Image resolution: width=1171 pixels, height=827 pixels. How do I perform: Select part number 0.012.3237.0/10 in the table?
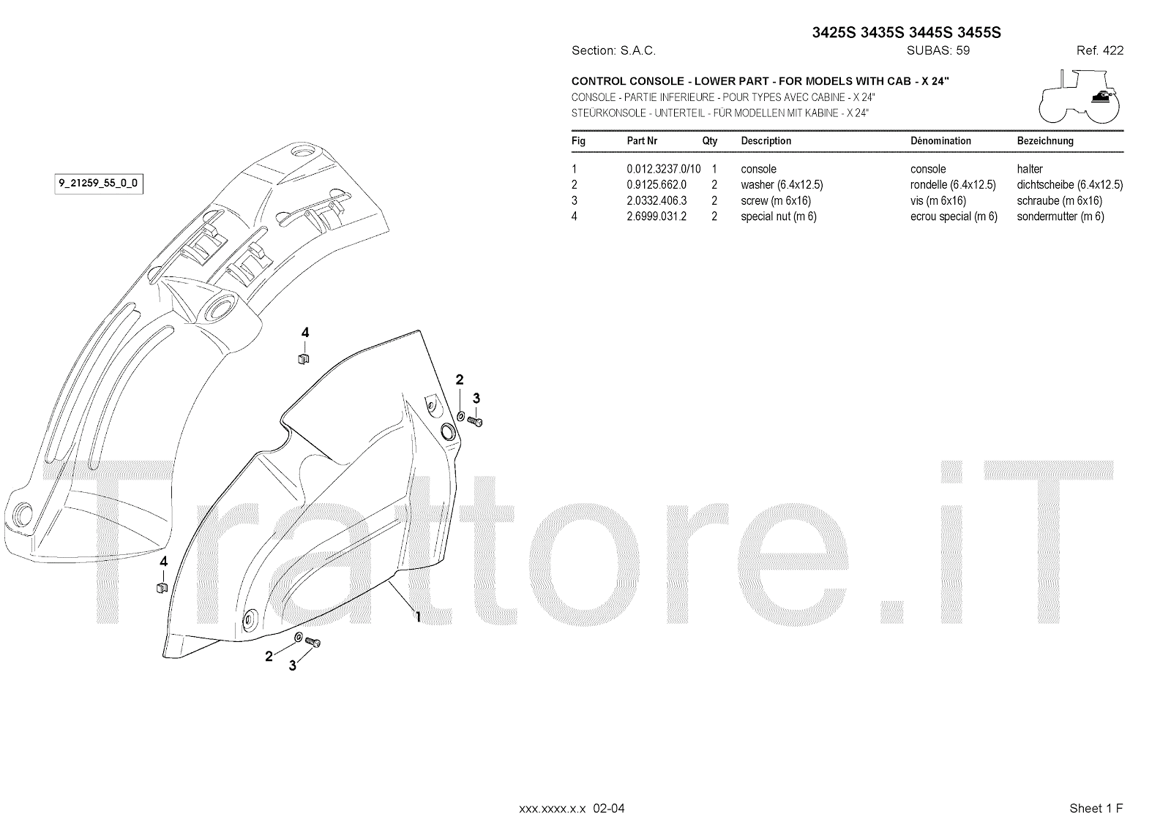pyautogui.click(x=663, y=169)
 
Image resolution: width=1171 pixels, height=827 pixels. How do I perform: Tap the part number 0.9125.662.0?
pyautogui.click(x=656, y=185)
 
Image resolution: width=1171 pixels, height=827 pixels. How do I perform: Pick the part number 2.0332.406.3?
pyautogui.click(x=656, y=200)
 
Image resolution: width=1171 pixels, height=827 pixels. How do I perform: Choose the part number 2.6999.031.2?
pyautogui.click(x=656, y=216)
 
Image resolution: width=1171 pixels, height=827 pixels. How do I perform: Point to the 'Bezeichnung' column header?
pyautogui.click(x=1045, y=140)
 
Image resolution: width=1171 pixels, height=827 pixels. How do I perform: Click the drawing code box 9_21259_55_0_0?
pyautogui.click(x=97, y=184)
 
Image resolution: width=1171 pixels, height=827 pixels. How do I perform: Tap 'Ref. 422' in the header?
pyautogui.click(x=1099, y=50)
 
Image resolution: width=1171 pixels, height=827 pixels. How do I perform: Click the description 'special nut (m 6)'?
pyautogui.click(x=779, y=216)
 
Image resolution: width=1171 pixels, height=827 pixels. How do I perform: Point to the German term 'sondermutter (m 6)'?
pyautogui.click(x=1060, y=216)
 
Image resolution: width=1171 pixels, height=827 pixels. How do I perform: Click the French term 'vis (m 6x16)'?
pyautogui.click(x=939, y=200)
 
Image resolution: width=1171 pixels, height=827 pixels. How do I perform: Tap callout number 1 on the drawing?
pyautogui.click(x=418, y=616)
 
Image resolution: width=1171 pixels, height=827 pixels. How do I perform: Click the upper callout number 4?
pyautogui.click(x=305, y=333)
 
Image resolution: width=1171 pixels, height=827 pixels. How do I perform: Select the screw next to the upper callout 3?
pyautogui.click(x=475, y=421)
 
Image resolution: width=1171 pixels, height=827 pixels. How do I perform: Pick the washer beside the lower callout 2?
pyautogui.click(x=299, y=638)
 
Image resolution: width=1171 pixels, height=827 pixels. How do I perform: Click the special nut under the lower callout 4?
pyautogui.click(x=162, y=588)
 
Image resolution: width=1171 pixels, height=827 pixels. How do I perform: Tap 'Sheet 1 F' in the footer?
pyautogui.click(x=1096, y=808)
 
